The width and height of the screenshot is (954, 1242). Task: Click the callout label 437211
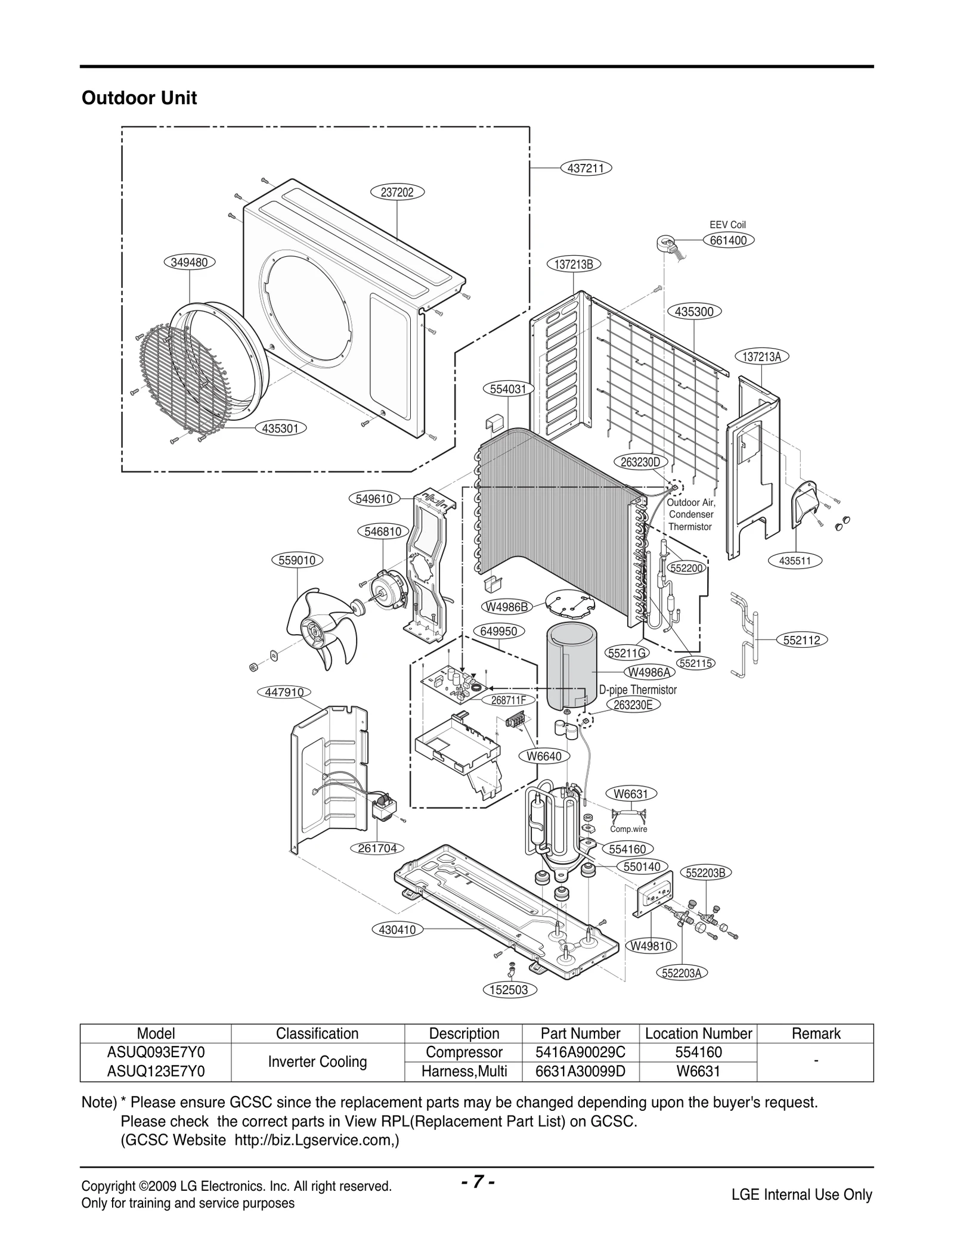pyautogui.click(x=587, y=168)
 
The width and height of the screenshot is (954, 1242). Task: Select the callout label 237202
pyautogui.click(x=398, y=192)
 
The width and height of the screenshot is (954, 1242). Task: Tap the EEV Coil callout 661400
pyautogui.click(x=728, y=240)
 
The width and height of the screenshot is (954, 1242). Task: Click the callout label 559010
pyautogui.click(x=297, y=560)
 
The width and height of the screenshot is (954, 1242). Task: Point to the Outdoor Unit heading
pyautogui.click(x=139, y=98)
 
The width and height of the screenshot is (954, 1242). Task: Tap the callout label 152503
pyautogui.click(x=509, y=990)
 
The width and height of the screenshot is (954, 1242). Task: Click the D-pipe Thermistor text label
pyautogui.click(x=637, y=690)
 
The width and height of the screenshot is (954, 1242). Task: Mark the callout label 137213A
pyautogui.click(x=762, y=357)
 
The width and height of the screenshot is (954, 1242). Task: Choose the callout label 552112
pyautogui.click(x=802, y=640)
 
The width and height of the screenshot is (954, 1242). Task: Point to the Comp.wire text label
pyautogui.click(x=628, y=829)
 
